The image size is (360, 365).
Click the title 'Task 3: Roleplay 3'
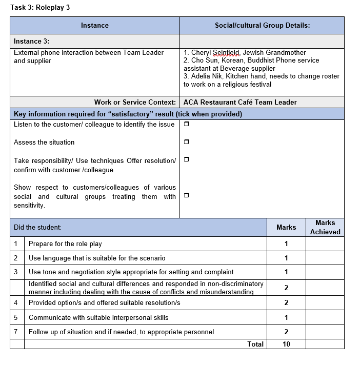tap(41, 7)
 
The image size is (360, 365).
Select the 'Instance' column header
tap(95, 26)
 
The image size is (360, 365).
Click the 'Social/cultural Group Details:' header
tap(262, 26)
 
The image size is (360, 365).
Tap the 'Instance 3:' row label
tap(32, 42)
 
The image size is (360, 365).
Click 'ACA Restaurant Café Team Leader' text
tap(240, 102)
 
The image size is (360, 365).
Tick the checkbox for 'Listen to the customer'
tap(186, 125)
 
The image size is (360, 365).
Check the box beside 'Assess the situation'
tap(186, 142)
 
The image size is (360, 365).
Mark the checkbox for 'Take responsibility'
tap(186, 159)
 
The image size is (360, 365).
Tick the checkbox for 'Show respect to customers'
tap(186, 195)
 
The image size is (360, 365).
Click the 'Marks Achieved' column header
tap(325, 227)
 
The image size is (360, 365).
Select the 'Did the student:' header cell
tap(37, 227)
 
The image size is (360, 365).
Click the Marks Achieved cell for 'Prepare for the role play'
tap(325, 244)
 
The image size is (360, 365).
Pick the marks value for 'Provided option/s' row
tap(286, 303)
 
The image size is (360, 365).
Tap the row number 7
tap(16, 332)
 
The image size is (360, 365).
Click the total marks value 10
tap(286, 344)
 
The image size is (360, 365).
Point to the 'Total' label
tap(255, 344)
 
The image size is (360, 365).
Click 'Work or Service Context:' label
tap(135, 102)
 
